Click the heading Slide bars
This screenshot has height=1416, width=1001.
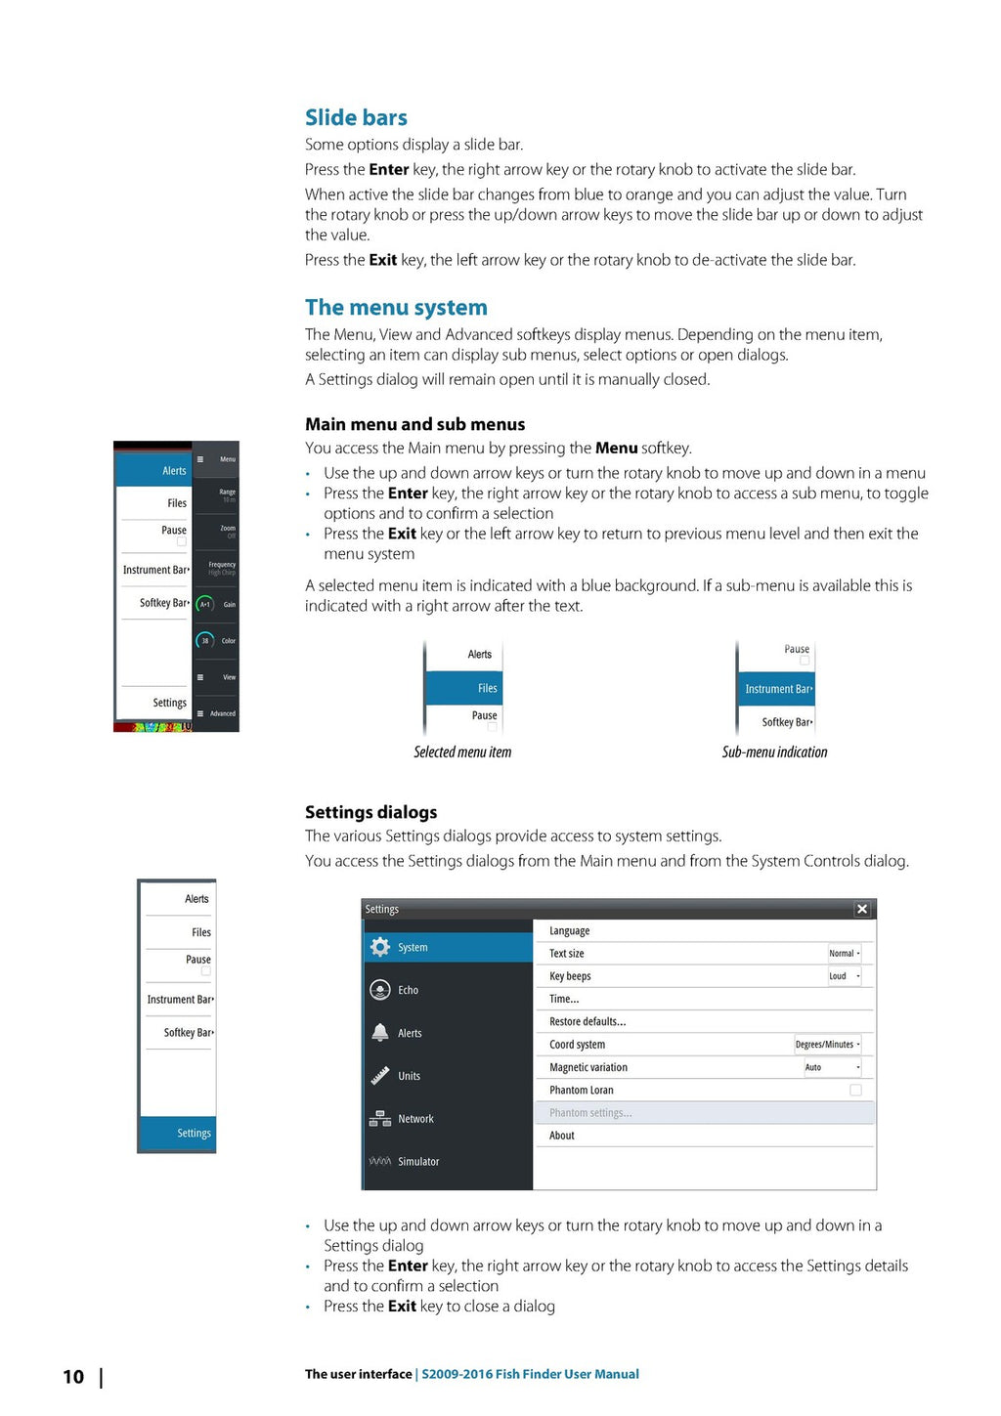(x=356, y=118)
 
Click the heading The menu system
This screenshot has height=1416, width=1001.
(x=396, y=308)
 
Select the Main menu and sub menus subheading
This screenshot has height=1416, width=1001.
(x=414, y=424)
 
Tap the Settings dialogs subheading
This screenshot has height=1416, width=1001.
(x=370, y=812)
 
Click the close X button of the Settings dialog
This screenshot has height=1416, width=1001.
(x=862, y=909)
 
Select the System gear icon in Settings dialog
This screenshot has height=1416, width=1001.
(x=380, y=947)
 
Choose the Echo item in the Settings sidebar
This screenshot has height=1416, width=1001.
(x=408, y=990)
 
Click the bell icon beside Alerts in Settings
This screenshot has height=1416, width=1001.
(x=380, y=1033)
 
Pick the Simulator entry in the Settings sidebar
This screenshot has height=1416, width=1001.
(x=417, y=1162)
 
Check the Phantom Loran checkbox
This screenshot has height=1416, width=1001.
(x=855, y=1090)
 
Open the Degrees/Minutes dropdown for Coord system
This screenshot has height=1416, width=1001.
(x=828, y=1045)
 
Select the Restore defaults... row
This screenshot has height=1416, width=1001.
(x=588, y=1022)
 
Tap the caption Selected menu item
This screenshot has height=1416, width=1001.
(x=462, y=752)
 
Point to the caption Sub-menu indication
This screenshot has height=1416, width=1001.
(x=774, y=752)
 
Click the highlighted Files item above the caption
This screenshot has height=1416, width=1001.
(x=465, y=689)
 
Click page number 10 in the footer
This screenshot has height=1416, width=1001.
(x=73, y=1377)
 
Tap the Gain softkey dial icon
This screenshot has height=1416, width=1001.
(x=205, y=604)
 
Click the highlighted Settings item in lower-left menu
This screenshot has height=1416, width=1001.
(x=178, y=1134)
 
